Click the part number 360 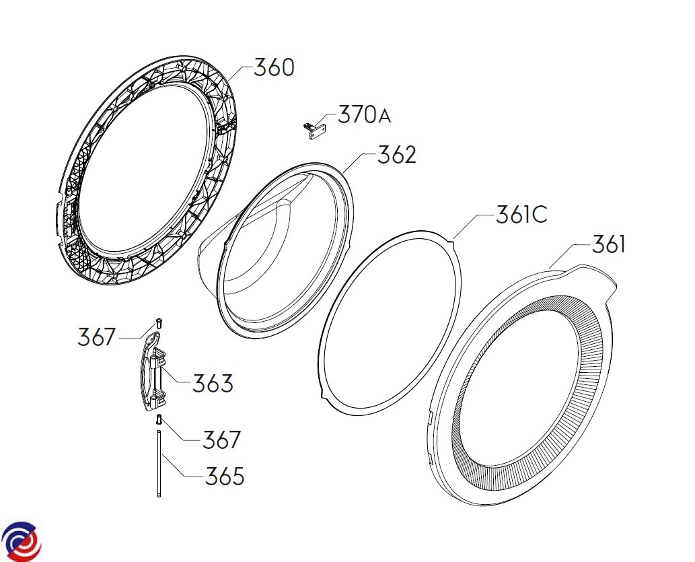pyautogui.click(x=274, y=68)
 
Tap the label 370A pyautogui.click(x=365, y=114)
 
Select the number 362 pyautogui.click(x=397, y=154)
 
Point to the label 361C pyautogui.click(x=521, y=214)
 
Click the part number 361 pyautogui.click(x=609, y=244)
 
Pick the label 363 pyautogui.click(x=213, y=383)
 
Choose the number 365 pyautogui.click(x=225, y=476)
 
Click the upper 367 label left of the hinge pyautogui.click(x=97, y=337)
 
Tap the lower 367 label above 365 pyautogui.click(x=221, y=440)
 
